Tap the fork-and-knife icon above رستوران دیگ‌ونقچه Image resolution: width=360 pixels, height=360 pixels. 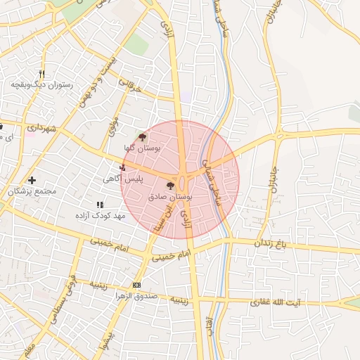tap(42, 74)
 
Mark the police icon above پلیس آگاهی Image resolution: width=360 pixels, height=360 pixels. tap(124, 168)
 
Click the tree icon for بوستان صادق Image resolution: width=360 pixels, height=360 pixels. tap(169, 186)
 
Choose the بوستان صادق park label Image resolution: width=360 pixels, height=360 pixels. tap(169, 198)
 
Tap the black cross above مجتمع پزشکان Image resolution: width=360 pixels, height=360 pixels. tap(32, 181)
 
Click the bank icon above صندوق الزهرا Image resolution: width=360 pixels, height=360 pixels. tap(136, 285)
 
